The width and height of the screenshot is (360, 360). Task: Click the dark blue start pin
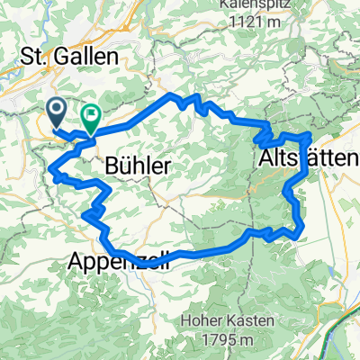(56, 112)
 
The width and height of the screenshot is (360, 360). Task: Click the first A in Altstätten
(265, 159)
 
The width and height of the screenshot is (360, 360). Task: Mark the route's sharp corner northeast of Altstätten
(310, 134)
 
